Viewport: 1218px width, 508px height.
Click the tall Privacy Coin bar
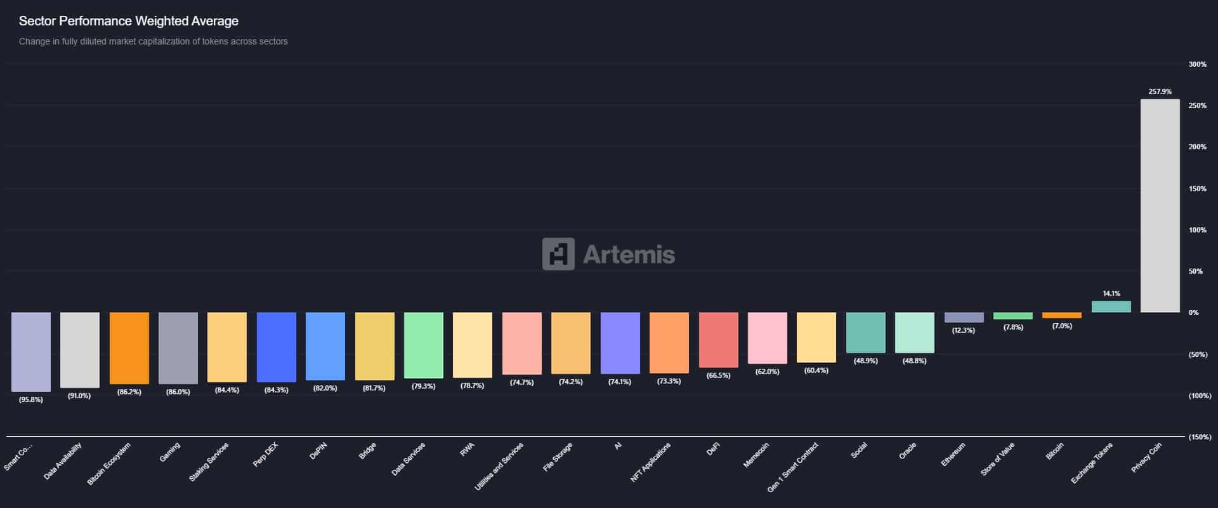click(1160, 205)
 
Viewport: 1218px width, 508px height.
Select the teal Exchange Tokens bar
click(1111, 307)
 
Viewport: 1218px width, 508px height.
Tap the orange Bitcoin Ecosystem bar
click(129, 348)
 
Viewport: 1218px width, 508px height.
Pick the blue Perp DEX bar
click(276, 347)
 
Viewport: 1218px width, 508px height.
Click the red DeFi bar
click(718, 340)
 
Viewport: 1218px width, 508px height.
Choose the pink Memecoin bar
click(767, 338)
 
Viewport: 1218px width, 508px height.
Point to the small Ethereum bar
click(964, 317)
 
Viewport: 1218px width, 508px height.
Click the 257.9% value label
click(1160, 92)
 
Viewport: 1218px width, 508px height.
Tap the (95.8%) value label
click(30, 399)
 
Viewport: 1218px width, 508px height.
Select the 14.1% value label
click(1111, 293)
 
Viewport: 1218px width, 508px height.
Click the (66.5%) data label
click(718, 375)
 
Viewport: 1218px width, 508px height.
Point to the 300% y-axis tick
click(1197, 64)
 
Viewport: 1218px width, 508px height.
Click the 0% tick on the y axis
click(1193, 312)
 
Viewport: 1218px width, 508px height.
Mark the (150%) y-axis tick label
click(1199, 437)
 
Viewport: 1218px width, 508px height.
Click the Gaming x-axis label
click(170, 452)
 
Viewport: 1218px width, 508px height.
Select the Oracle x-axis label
click(907, 451)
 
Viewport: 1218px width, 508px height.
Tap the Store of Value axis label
click(998, 459)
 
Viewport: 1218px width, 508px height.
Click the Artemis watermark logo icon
click(558, 254)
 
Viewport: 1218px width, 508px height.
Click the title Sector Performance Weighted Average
click(129, 21)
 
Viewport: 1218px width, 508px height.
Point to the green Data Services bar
click(423, 345)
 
